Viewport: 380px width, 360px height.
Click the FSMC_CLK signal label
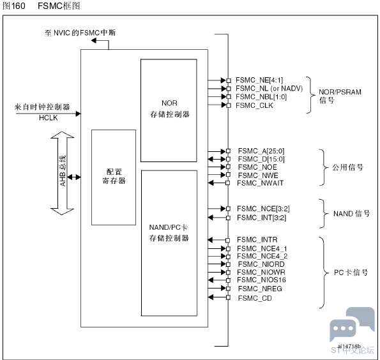pos(254,105)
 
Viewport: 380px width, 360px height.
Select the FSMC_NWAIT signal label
pos(261,183)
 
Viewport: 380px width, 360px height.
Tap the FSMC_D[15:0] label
pos(261,159)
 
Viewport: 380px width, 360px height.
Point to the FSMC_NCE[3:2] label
pos(263,209)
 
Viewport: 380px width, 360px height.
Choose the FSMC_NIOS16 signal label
pos(261,280)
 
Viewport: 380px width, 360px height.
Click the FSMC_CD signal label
pos(255,298)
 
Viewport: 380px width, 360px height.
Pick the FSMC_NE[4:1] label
pos(259,80)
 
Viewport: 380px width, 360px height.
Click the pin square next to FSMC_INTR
pos(227,241)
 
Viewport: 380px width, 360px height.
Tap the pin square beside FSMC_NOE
pos(228,167)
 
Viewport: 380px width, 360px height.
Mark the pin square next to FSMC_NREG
pos(228,289)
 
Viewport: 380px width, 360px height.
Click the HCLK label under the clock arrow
pos(49,118)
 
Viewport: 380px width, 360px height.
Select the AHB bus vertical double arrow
pos(63,173)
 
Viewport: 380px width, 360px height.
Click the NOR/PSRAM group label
pos(340,96)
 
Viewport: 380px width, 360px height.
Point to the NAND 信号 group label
pos(352,214)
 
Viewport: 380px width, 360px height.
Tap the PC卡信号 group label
pos(351,273)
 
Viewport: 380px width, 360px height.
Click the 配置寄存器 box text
pos(114,176)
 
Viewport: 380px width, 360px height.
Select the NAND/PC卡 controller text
pos(169,233)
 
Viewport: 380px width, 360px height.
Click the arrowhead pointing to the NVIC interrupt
pos(94,41)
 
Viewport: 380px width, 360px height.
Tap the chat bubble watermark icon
pos(352,324)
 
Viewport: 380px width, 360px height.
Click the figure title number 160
pos(18,6)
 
